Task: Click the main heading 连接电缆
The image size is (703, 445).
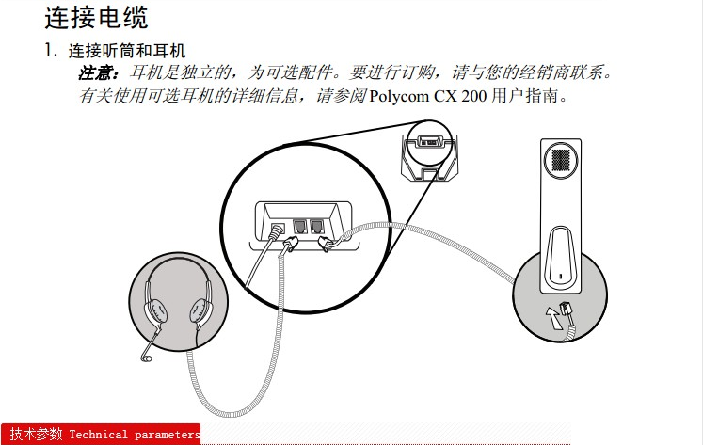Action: pyautogui.click(x=96, y=18)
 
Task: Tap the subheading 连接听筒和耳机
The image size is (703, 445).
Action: pyautogui.click(x=127, y=51)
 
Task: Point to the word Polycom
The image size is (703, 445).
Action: pyautogui.click(x=399, y=96)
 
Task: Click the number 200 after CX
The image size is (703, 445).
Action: pyautogui.click(x=474, y=95)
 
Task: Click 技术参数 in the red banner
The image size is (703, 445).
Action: pyautogui.click(x=37, y=434)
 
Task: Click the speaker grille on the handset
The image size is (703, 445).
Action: pyautogui.click(x=561, y=160)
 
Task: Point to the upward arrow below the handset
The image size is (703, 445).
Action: pyautogui.click(x=552, y=317)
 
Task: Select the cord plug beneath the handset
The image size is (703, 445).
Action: pyautogui.click(x=567, y=310)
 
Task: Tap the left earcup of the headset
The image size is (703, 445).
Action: pyautogui.click(x=155, y=310)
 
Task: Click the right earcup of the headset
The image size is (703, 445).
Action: pyautogui.click(x=200, y=310)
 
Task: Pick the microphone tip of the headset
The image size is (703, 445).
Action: pyautogui.click(x=146, y=358)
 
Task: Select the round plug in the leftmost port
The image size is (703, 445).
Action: pyautogui.click(x=277, y=231)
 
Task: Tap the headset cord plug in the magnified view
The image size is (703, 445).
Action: pyautogui.click(x=290, y=245)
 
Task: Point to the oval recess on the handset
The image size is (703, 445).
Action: pyautogui.click(x=560, y=255)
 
